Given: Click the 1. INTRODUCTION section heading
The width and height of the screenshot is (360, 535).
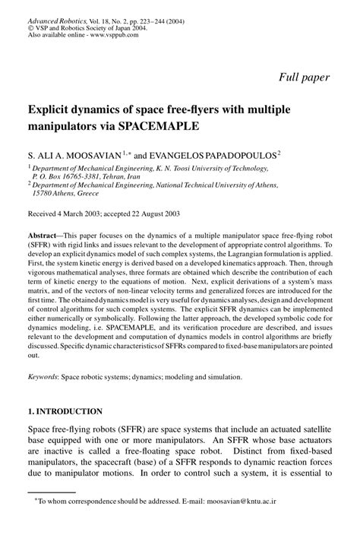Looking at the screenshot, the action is click(x=65, y=411).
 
